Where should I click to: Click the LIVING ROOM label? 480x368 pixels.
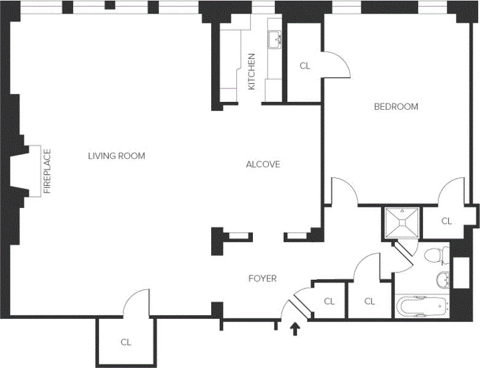point(117,156)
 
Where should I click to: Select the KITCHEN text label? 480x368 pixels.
point(251,72)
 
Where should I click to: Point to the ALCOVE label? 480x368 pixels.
point(263,164)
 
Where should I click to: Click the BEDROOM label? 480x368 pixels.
point(396,107)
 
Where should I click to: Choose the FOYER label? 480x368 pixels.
point(262,278)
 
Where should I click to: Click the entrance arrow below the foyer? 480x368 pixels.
point(295,329)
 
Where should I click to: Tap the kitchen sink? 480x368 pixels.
point(274,40)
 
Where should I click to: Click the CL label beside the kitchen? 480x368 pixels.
point(305,66)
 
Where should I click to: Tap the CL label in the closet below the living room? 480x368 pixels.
point(126,342)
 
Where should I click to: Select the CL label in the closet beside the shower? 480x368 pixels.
point(446,221)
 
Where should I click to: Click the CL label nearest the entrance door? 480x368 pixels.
point(329,301)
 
